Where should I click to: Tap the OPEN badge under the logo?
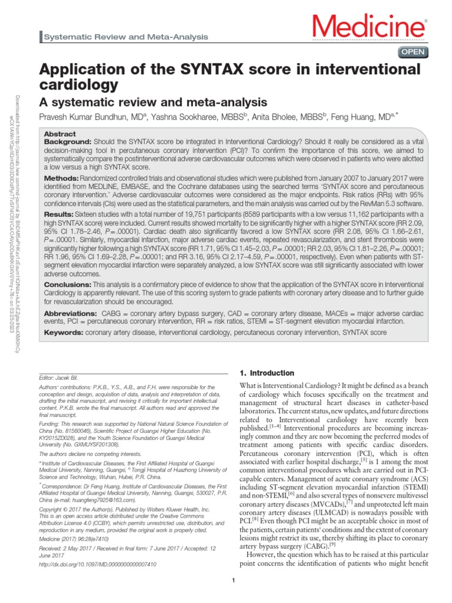pos(413,52)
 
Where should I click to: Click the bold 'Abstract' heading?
pos(60,134)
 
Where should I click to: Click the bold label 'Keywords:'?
pos(64,333)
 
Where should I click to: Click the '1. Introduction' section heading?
pos(265,373)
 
